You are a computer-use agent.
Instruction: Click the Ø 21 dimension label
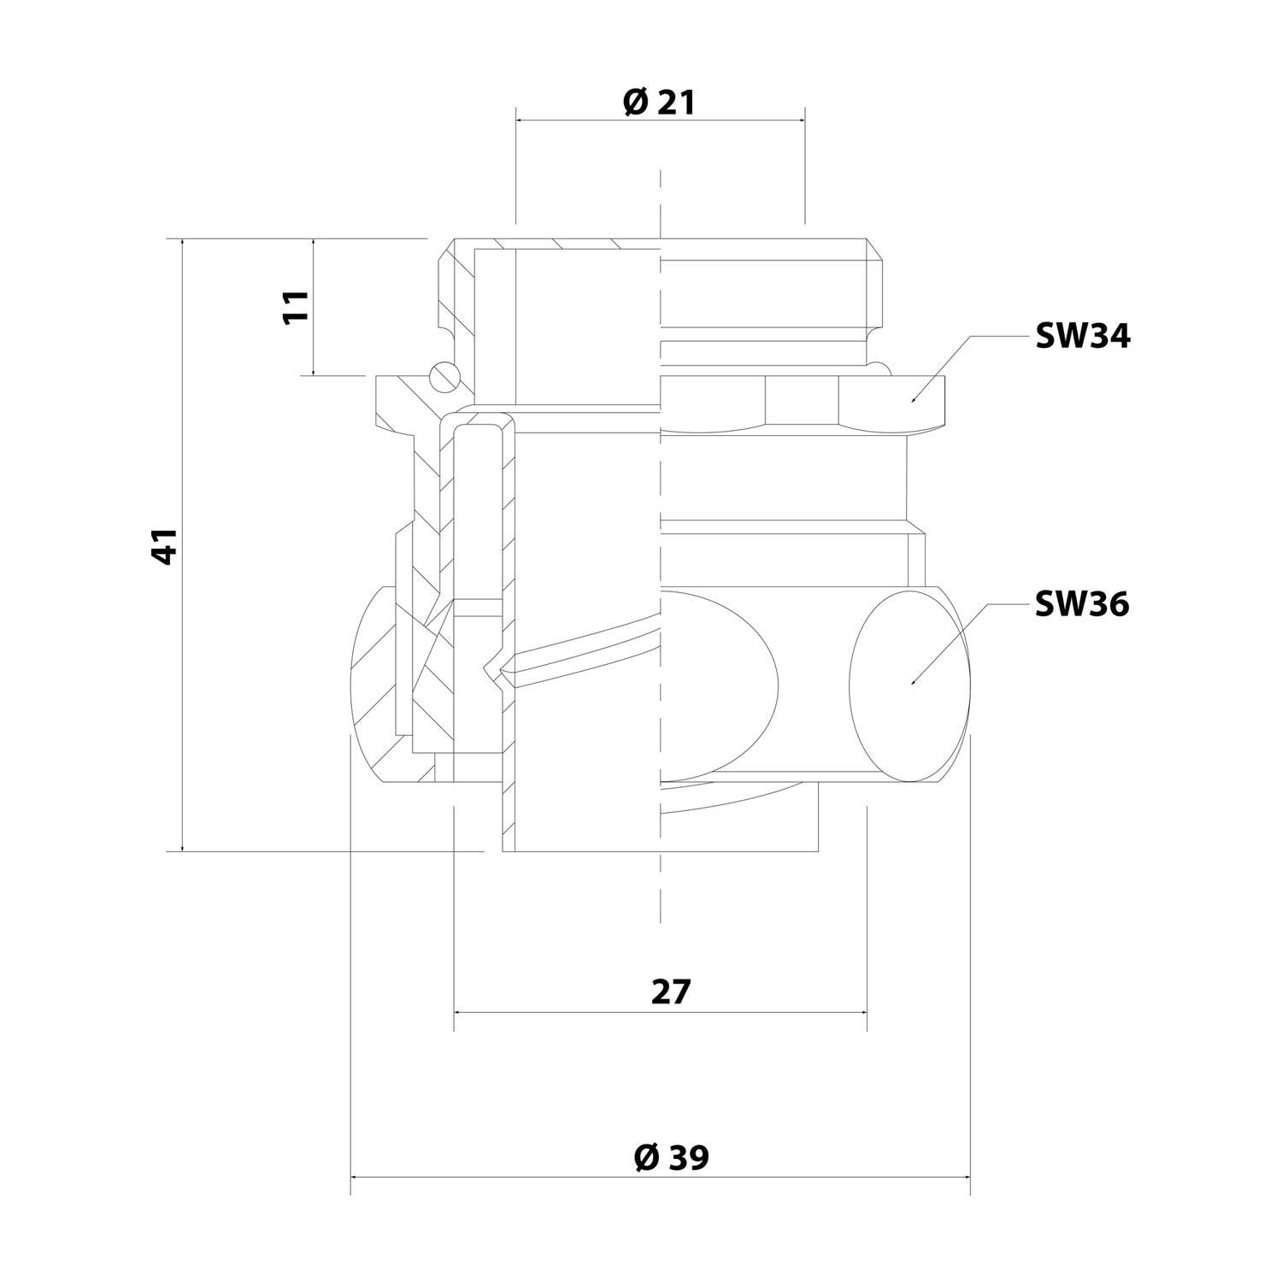click(659, 103)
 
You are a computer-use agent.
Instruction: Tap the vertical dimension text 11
click(295, 306)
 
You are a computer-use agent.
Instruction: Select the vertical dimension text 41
click(164, 545)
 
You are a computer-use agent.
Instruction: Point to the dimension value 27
click(670, 992)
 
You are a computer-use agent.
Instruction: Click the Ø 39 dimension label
click(671, 1158)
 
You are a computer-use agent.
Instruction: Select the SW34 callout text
click(1082, 337)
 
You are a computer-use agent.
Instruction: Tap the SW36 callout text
click(1082, 605)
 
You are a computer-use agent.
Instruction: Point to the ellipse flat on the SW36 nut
click(910, 684)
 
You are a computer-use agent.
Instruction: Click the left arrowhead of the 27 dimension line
click(457, 1011)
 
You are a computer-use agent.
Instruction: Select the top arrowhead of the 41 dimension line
click(182, 243)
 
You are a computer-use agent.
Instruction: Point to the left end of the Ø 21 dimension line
click(518, 120)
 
